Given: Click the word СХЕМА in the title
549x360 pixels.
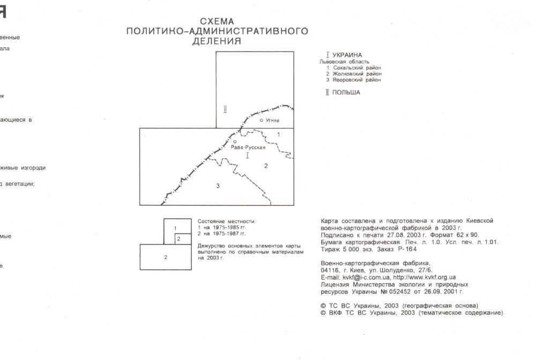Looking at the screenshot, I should click(x=217, y=21).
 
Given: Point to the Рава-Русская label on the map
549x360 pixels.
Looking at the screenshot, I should click(x=248, y=147).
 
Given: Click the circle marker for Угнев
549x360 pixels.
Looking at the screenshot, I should click(x=262, y=120).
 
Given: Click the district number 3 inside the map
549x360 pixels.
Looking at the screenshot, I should click(x=218, y=186).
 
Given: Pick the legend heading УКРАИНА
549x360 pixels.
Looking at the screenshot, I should click(x=347, y=55).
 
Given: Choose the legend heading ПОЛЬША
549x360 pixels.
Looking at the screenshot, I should click(x=346, y=92).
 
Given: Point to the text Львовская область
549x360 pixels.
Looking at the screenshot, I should click(x=344, y=62).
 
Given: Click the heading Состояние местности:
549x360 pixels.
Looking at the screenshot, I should click(x=227, y=221).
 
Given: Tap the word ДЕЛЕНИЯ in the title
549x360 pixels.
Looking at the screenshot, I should click(x=217, y=41).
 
